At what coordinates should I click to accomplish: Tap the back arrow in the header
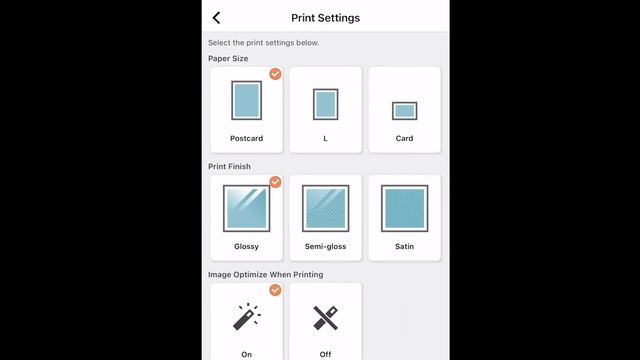(x=216, y=18)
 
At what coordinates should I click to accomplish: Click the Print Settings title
(x=325, y=18)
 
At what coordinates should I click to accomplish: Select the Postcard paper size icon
(x=247, y=100)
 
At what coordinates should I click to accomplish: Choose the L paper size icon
(x=325, y=104)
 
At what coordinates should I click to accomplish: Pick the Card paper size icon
(x=404, y=111)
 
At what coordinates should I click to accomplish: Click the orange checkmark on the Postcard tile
(x=276, y=74)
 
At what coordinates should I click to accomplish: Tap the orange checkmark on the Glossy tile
(x=276, y=182)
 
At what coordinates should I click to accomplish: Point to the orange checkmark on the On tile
(x=276, y=290)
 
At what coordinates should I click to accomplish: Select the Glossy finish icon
(x=247, y=208)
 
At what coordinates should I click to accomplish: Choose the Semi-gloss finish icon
(x=325, y=208)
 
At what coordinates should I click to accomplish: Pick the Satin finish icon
(x=404, y=208)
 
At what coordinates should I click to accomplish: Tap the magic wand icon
(x=247, y=317)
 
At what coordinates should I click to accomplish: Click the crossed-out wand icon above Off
(x=325, y=318)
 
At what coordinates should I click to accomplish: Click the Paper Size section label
(x=228, y=58)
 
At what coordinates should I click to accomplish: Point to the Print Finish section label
(x=229, y=167)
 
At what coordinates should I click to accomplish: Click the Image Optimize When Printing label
(x=266, y=275)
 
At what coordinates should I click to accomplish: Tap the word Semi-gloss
(x=325, y=247)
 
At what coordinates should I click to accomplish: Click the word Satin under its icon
(x=404, y=247)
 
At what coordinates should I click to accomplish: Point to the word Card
(x=404, y=138)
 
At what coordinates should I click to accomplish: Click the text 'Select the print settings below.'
(x=264, y=43)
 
